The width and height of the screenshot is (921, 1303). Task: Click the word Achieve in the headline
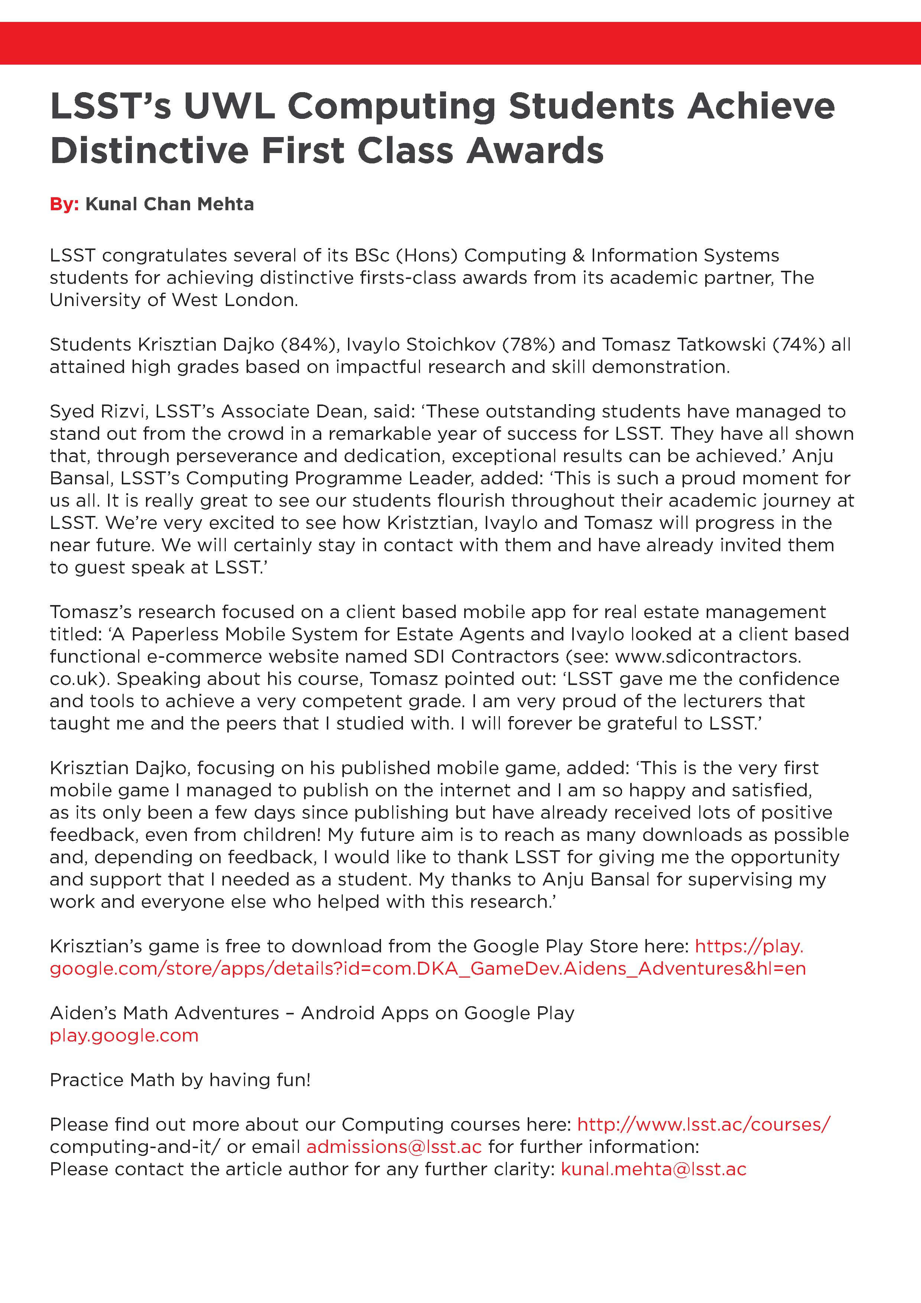[x=761, y=107]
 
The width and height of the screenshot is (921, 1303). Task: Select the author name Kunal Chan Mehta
[x=169, y=204]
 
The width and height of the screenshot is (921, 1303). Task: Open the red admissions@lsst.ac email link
[x=394, y=1147]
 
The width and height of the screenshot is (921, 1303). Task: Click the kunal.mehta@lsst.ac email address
[x=653, y=1169]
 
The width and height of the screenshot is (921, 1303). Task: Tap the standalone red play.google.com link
[x=124, y=1035]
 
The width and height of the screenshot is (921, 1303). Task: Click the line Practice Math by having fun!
[x=180, y=1080]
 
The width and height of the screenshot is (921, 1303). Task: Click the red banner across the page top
[x=460, y=43]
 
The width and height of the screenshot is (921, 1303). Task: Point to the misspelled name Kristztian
[x=434, y=523]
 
